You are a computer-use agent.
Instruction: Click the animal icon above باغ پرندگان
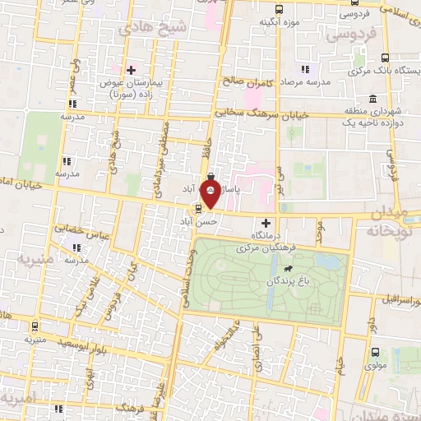(289, 270)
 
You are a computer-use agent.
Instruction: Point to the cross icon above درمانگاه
(265, 223)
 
